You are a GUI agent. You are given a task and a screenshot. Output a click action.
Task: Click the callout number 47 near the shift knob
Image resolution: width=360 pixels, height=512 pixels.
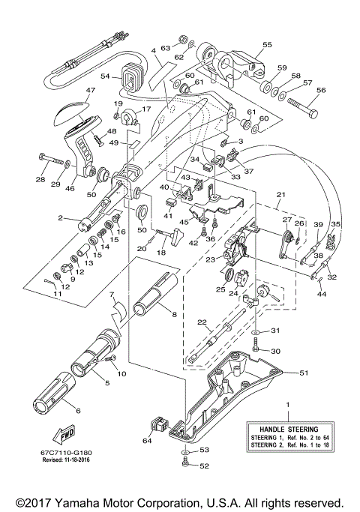click(91, 90)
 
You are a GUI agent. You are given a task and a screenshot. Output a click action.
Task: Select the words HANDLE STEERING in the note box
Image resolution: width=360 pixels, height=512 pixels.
click(286, 424)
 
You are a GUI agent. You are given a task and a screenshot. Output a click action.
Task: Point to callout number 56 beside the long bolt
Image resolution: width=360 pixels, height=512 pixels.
click(320, 89)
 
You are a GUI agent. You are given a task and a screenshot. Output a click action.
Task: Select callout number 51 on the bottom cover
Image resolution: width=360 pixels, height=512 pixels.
click(304, 372)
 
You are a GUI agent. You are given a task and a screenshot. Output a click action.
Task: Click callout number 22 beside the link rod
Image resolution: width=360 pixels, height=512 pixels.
click(201, 322)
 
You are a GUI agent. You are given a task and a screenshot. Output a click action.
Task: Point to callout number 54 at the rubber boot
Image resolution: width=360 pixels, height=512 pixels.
click(106, 76)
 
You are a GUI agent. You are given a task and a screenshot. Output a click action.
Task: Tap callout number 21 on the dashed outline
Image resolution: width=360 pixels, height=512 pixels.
click(280, 194)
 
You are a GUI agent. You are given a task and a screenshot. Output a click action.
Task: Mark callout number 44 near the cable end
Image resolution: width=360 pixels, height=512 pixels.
click(322, 295)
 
